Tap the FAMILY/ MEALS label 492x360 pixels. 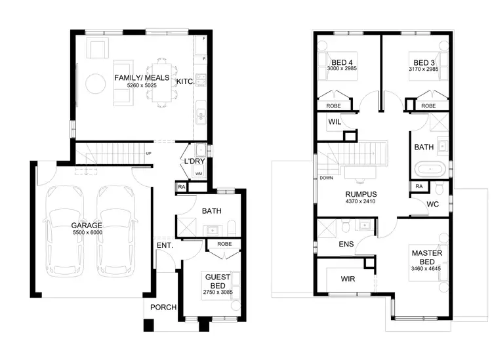point(142,77)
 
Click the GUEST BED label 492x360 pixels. point(216,280)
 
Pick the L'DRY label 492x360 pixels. point(195,161)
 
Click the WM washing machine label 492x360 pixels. point(199,174)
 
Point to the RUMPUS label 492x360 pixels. point(361,194)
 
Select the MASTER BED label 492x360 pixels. point(424,257)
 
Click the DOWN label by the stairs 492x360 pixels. point(325,178)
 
